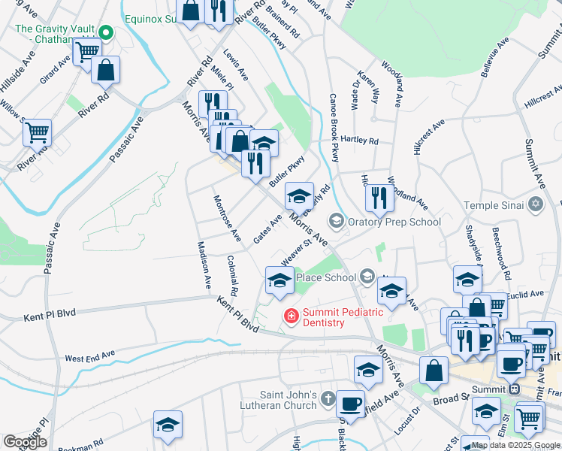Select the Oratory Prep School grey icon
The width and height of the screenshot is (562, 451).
[336, 221]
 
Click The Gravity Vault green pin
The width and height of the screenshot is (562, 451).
[107, 33]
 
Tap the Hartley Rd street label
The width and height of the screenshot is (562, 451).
[360, 141]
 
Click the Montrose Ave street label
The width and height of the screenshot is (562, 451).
[227, 219]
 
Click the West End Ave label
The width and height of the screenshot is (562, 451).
[89, 356]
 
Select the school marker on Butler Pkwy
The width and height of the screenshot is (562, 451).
[299, 197]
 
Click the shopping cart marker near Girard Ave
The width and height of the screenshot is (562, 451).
[87, 52]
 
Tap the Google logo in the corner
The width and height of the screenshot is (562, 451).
[25, 442]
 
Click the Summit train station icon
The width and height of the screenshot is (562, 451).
[515, 389]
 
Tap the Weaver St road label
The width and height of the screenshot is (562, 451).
[296, 253]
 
